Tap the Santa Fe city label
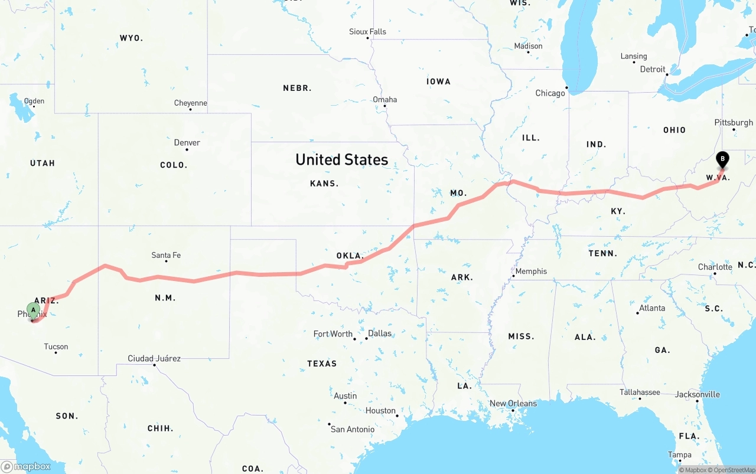pos(166,256)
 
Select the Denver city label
pos(187,143)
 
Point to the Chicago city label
pos(550,93)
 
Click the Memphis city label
pos(531,272)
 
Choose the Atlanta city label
pos(652,308)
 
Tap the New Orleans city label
pos(513,404)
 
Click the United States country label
pos(342,159)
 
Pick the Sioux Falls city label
pos(367,32)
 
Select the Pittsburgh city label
pos(734,123)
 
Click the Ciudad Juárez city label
pos(154,358)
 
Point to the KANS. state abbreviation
pos(324,184)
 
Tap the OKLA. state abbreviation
pos(350,256)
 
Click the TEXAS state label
pos(322,364)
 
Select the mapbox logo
pos(26,466)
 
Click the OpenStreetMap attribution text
pos(734,470)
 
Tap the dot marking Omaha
pos(385,106)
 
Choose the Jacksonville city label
pos(698,394)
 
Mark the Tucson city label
pos(56,346)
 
